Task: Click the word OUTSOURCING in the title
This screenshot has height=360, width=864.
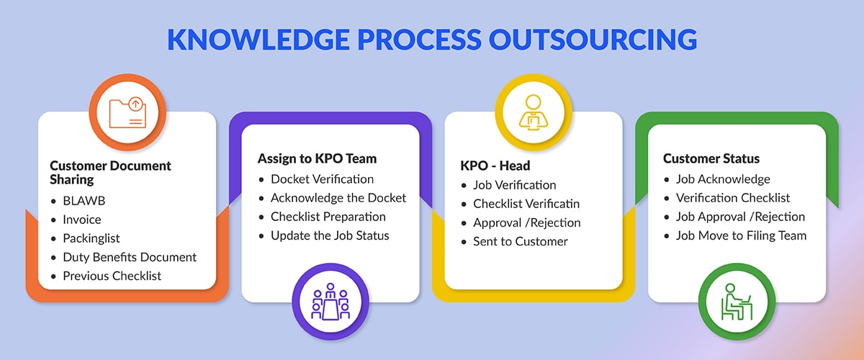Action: (x=593, y=39)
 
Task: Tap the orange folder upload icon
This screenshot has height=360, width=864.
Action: (x=127, y=113)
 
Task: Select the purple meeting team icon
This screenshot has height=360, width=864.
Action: (x=330, y=302)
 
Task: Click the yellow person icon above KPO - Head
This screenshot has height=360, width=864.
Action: (x=533, y=112)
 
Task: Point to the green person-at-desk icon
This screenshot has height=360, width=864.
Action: (x=737, y=302)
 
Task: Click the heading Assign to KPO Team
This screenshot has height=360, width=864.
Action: (x=317, y=158)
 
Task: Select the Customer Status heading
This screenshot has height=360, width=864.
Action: (x=711, y=158)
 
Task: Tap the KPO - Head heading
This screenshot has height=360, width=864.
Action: (x=495, y=166)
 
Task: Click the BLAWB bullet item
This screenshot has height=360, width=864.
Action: (x=84, y=201)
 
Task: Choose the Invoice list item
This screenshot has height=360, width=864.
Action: (x=82, y=220)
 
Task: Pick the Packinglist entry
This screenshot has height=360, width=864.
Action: (x=91, y=238)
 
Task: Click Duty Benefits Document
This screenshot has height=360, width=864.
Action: (x=130, y=257)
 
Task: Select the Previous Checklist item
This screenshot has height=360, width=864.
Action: (x=112, y=276)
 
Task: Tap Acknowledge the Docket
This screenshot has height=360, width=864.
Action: (x=338, y=198)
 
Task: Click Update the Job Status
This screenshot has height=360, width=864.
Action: (x=330, y=235)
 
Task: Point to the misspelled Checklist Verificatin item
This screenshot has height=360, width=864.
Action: (x=526, y=204)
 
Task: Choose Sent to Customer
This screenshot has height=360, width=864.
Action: (x=521, y=241)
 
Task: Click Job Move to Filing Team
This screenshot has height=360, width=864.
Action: (x=741, y=235)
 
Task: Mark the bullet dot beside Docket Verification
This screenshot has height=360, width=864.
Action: (x=261, y=180)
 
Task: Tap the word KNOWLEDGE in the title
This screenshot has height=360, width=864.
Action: (x=258, y=39)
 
